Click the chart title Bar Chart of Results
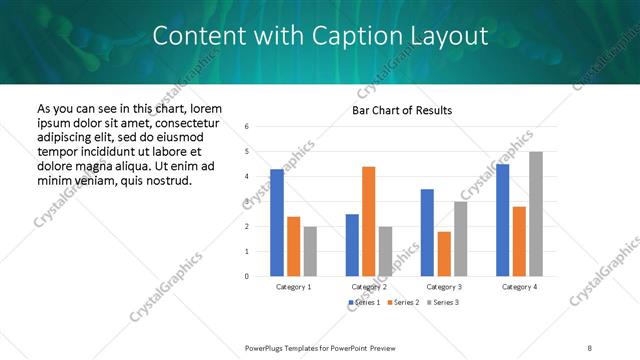pyautogui.click(x=401, y=110)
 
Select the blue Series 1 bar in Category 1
pyautogui.click(x=277, y=222)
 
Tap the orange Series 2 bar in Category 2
pyautogui.click(x=368, y=221)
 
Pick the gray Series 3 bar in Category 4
pyautogui.click(x=536, y=213)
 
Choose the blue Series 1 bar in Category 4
pyautogui.click(x=502, y=220)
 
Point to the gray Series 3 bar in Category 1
pyautogui.click(x=310, y=251)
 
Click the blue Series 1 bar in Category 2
pyautogui.click(x=352, y=245)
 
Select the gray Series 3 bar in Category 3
pyautogui.click(x=461, y=238)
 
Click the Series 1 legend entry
pyautogui.click(x=363, y=302)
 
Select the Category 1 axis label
pyautogui.click(x=293, y=287)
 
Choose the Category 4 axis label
pyautogui.click(x=519, y=287)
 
